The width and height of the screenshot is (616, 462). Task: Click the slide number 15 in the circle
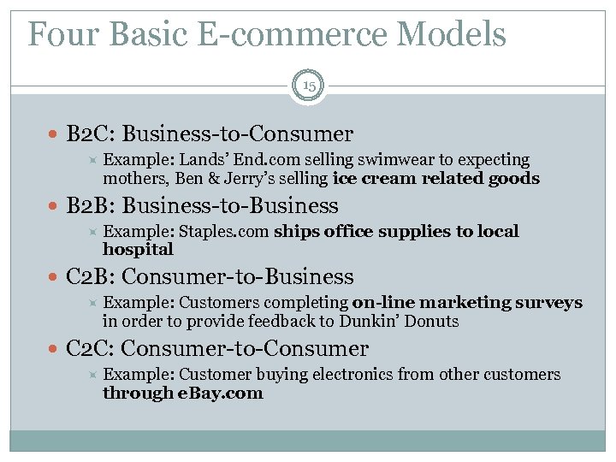tap(308, 86)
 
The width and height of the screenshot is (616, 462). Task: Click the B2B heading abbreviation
tap(88, 206)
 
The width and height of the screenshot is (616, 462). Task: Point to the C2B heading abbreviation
tap(88, 276)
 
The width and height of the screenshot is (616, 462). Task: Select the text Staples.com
tap(224, 232)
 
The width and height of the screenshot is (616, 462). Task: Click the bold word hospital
tap(138, 250)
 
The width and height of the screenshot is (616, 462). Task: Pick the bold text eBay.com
tap(221, 394)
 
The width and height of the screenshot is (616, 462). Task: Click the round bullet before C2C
tap(56, 349)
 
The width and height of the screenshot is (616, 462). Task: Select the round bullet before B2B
tap(56, 207)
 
